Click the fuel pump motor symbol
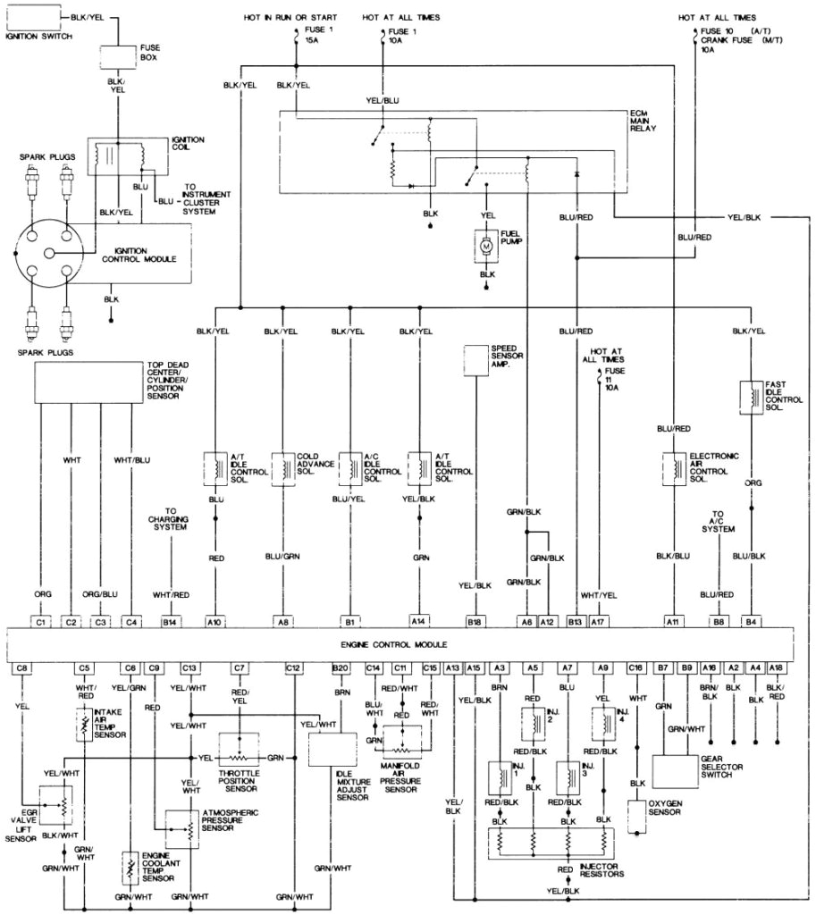[486, 245]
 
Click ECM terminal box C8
[23, 667]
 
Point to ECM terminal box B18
[475, 618]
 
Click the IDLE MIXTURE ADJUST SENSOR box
[326, 750]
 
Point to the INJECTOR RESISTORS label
[601, 870]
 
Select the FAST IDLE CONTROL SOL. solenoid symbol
[750, 395]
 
